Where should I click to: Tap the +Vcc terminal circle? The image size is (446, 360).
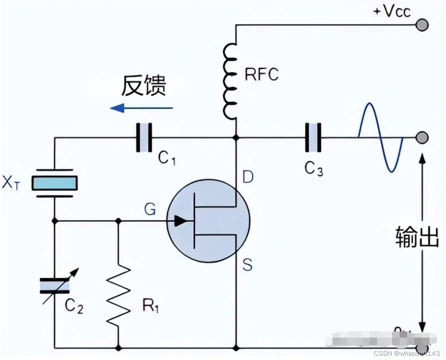[x=422, y=25]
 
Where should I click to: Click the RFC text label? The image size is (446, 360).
[x=261, y=75]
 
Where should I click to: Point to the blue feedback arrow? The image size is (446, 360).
[x=141, y=108]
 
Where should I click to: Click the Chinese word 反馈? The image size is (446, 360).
[x=143, y=86]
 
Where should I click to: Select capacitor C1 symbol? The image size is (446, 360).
[x=144, y=138]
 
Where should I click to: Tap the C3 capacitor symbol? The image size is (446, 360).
[x=313, y=138]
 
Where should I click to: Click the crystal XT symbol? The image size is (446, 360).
[x=55, y=183]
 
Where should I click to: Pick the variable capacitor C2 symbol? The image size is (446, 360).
[x=55, y=286]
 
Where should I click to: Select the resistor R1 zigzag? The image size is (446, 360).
[x=119, y=295]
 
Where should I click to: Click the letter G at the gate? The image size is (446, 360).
[x=150, y=210]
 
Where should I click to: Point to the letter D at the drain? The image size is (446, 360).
[x=248, y=177]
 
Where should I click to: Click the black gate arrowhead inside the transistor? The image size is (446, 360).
[x=181, y=222]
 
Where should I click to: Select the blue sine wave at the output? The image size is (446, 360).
[x=381, y=137]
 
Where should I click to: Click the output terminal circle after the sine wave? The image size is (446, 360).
[x=422, y=137]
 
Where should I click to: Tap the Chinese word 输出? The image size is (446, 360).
[x=416, y=237]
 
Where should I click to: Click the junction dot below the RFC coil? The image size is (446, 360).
[x=236, y=137]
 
